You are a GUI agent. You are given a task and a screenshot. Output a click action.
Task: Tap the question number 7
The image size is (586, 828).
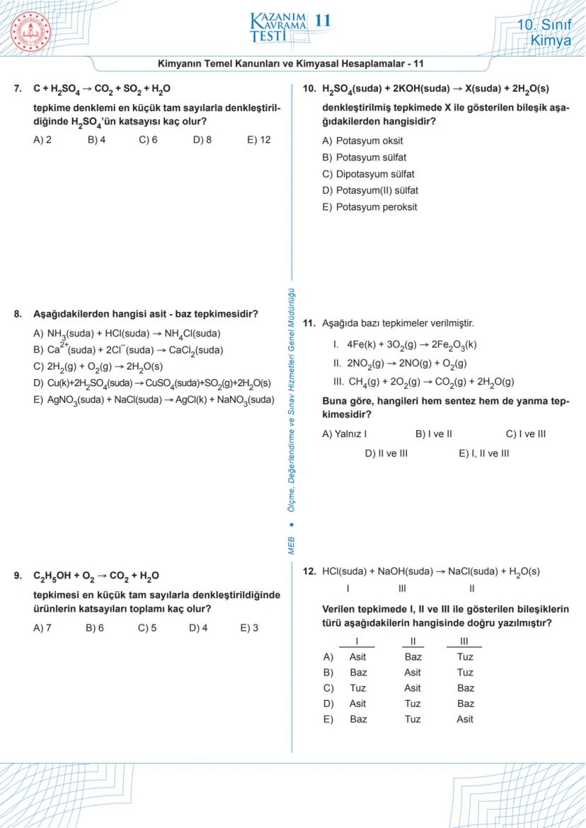coord(18,89)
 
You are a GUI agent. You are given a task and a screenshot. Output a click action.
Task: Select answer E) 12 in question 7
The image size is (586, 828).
coord(259,140)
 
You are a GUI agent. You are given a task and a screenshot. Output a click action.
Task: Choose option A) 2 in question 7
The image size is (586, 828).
coord(42,140)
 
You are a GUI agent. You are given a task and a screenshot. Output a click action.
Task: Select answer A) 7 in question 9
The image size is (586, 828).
coord(42,627)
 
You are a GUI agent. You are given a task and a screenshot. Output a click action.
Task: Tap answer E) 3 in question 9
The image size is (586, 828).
coord(249,627)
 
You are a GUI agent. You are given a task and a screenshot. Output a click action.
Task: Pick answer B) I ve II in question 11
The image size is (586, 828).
coord(433,434)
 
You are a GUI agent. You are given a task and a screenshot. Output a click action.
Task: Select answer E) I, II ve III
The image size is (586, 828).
coord(483,453)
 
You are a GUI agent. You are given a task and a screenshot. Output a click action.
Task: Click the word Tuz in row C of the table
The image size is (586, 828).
coord(357,688)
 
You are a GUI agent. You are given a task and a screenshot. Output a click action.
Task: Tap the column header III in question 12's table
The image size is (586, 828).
coord(464,641)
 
